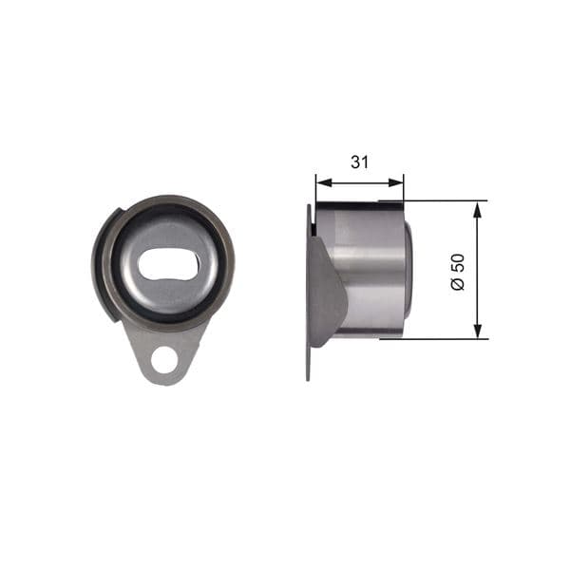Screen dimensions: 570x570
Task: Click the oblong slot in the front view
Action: click(168, 266)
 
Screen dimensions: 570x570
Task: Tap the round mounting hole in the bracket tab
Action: click(166, 360)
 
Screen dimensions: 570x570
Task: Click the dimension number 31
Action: click(359, 162)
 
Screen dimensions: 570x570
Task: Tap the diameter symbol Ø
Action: click(458, 285)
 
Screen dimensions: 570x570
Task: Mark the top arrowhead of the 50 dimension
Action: click(478, 207)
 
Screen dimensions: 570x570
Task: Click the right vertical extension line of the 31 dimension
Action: click(404, 187)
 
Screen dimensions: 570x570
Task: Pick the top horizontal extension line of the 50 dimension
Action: click(446, 200)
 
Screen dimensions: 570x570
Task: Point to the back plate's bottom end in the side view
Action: click(310, 375)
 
